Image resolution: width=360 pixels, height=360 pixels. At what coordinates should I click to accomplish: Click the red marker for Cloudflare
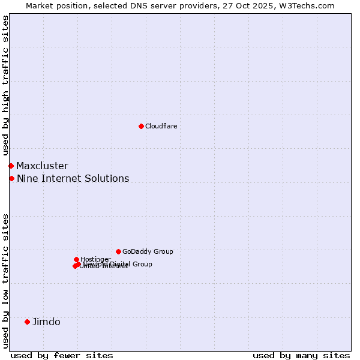[x=141, y=126]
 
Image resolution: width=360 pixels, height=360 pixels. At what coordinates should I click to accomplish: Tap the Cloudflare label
[x=161, y=126]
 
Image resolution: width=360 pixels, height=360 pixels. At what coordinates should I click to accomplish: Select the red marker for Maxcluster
[x=11, y=166]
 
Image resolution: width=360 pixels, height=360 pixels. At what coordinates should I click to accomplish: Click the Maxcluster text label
[x=42, y=166]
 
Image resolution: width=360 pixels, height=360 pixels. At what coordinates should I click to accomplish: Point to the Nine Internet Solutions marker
[x=11, y=178]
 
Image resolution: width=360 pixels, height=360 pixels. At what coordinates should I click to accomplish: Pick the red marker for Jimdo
[x=27, y=322]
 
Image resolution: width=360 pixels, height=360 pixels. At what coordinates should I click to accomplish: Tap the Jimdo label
[x=46, y=322]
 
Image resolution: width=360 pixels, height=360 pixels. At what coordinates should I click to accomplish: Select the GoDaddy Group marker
[x=118, y=251]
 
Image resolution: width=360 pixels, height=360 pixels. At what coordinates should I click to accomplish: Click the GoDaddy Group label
[x=148, y=251]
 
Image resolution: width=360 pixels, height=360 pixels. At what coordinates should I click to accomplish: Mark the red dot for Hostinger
[x=76, y=259]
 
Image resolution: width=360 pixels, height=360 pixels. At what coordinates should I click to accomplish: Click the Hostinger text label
[x=95, y=259]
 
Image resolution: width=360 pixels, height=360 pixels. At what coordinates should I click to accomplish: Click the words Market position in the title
[x=55, y=5]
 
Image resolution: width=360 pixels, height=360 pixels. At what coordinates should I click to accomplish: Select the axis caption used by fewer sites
[x=62, y=355]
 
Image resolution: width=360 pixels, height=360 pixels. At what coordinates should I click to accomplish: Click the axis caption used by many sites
[x=301, y=355]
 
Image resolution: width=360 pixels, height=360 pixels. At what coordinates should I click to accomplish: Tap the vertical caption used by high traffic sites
[x=5, y=86]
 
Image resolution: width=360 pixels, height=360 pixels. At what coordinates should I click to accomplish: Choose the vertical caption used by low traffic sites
[x=5, y=280]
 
